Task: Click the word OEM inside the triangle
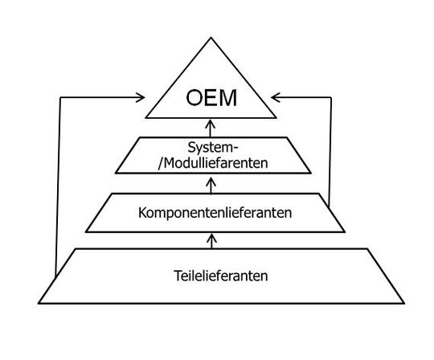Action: [212, 99]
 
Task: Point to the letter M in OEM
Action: [229, 99]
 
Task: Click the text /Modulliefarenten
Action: [212, 163]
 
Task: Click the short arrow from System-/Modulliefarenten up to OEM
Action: [211, 126]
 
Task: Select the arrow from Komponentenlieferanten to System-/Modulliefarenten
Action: [211, 184]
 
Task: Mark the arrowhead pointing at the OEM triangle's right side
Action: [276, 97]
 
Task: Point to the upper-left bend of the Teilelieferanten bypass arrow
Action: [61, 97]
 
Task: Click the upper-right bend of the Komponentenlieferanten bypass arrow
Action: [330, 97]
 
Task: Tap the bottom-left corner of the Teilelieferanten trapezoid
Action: [39, 304]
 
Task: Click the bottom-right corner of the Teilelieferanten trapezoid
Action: [404, 304]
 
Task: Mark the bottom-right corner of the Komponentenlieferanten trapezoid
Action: [347, 232]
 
